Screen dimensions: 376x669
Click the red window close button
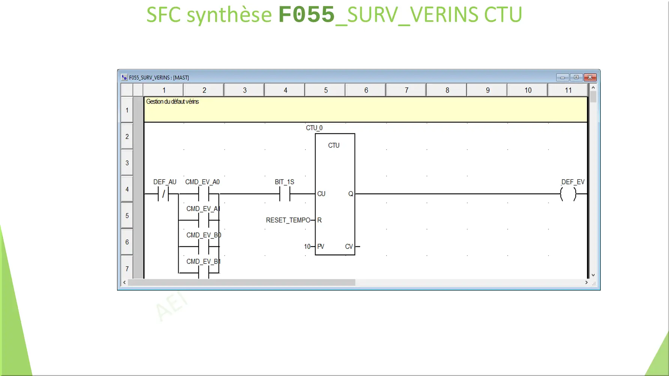pyautogui.click(x=590, y=77)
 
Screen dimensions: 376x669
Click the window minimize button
pyautogui.click(x=562, y=77)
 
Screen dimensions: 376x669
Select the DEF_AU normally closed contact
pyautogui.click(x=164, y=194)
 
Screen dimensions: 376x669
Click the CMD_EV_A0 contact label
pyautogui.click(x=202, y=182)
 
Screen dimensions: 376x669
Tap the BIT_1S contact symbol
pyautogui.click(x=285, y=194)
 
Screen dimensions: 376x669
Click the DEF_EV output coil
pyautogui.click(x=568, y=194)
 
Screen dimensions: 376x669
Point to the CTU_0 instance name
pyautogui.click(x=314, y=128)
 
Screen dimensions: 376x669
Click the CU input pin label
pyautogui.click(x=321, y=194)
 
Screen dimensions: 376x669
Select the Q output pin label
pyautogui.click(x=350, y=194)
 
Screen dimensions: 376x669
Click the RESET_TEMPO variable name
pyautogui.click(x=288, y=220)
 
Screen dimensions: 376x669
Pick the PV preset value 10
pyautogui.click(x=307, y=246)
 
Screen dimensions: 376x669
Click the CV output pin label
pyautogui.click(x=349, y=246)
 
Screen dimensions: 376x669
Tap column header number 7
pyautogui.click(x=406, y=90)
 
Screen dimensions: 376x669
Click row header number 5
pyautogui.click(x=127, y=216)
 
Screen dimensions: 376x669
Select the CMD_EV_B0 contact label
pyautogui.click(x=203, y=235)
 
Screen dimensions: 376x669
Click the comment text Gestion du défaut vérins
pyautogui.click(x=172, y=102)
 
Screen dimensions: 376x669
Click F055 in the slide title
pyautogui.click(x=306, y=15)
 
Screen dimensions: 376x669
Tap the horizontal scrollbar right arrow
pyautogui.click(x=586, y=282)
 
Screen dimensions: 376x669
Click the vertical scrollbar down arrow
pyautogui.click(x=593, y=275)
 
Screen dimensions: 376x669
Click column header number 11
pyautogui.click(x=568, y=90)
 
